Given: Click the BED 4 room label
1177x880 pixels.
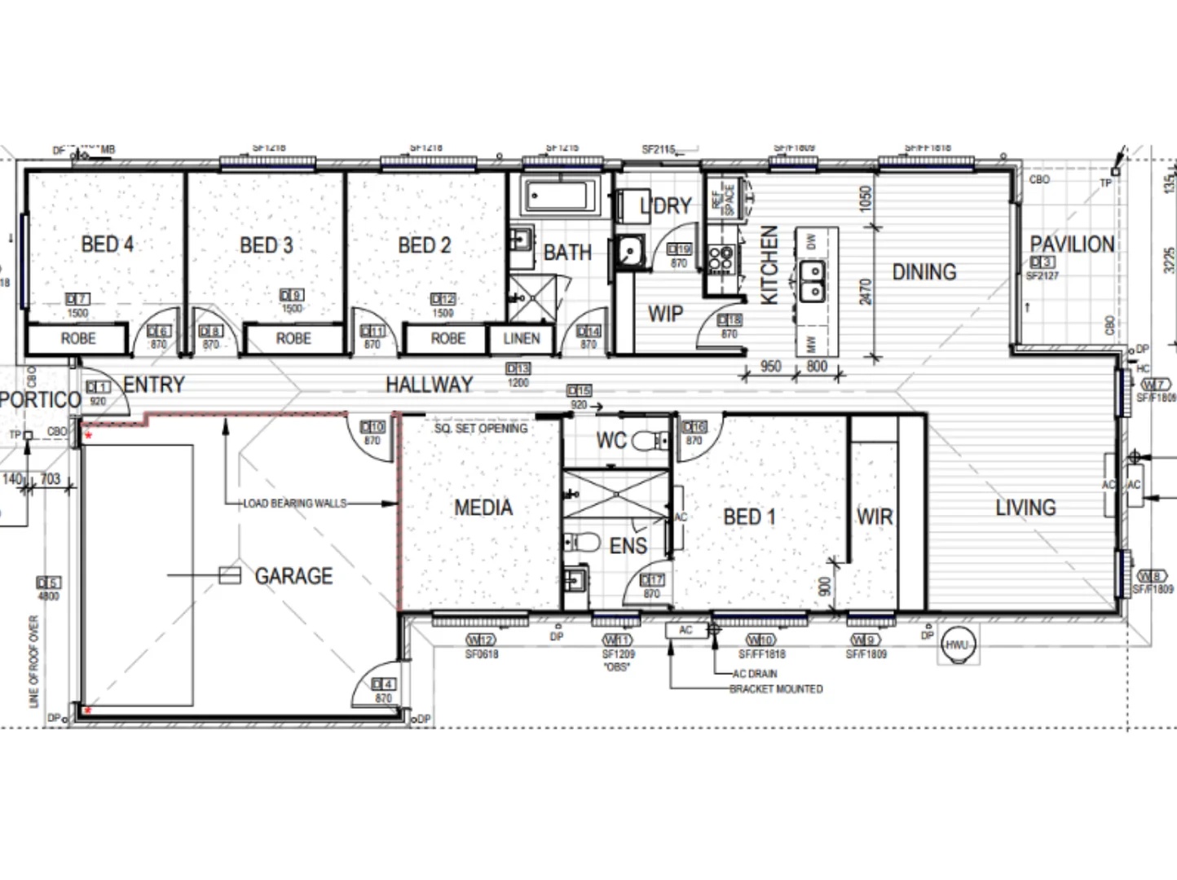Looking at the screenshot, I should tap(107, 244).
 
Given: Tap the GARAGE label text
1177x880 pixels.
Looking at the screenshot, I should tap(293, 576).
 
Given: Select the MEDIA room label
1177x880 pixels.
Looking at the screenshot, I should tap(483, 508).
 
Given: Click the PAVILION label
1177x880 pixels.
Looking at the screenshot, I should tap(1071, 244).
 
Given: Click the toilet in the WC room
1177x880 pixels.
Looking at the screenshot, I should tap(648, 442).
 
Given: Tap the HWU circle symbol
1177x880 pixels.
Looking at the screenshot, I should tap(957, 645).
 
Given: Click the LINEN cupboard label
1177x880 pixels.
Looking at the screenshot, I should tap(521, 338).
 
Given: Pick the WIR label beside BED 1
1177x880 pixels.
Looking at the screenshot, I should tap(874, 517).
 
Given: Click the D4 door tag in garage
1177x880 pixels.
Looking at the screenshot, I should tap(383, 684).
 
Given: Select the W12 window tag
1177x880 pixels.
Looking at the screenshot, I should tap(481, 640).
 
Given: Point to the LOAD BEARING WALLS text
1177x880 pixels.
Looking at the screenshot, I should tap(294, 504).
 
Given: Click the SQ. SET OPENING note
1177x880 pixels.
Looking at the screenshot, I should tap(481, 428).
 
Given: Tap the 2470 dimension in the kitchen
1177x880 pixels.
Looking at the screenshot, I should tap(865, 291).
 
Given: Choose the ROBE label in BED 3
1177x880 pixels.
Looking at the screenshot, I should tap(293, 338).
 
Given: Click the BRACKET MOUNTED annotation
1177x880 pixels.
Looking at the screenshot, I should tap(776, 689).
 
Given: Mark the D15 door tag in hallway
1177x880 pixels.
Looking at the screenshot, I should tap(579, 391).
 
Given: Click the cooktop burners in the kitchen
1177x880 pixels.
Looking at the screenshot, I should tap(721, 259).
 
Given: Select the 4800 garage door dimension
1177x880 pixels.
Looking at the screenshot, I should tap(49, 596).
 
